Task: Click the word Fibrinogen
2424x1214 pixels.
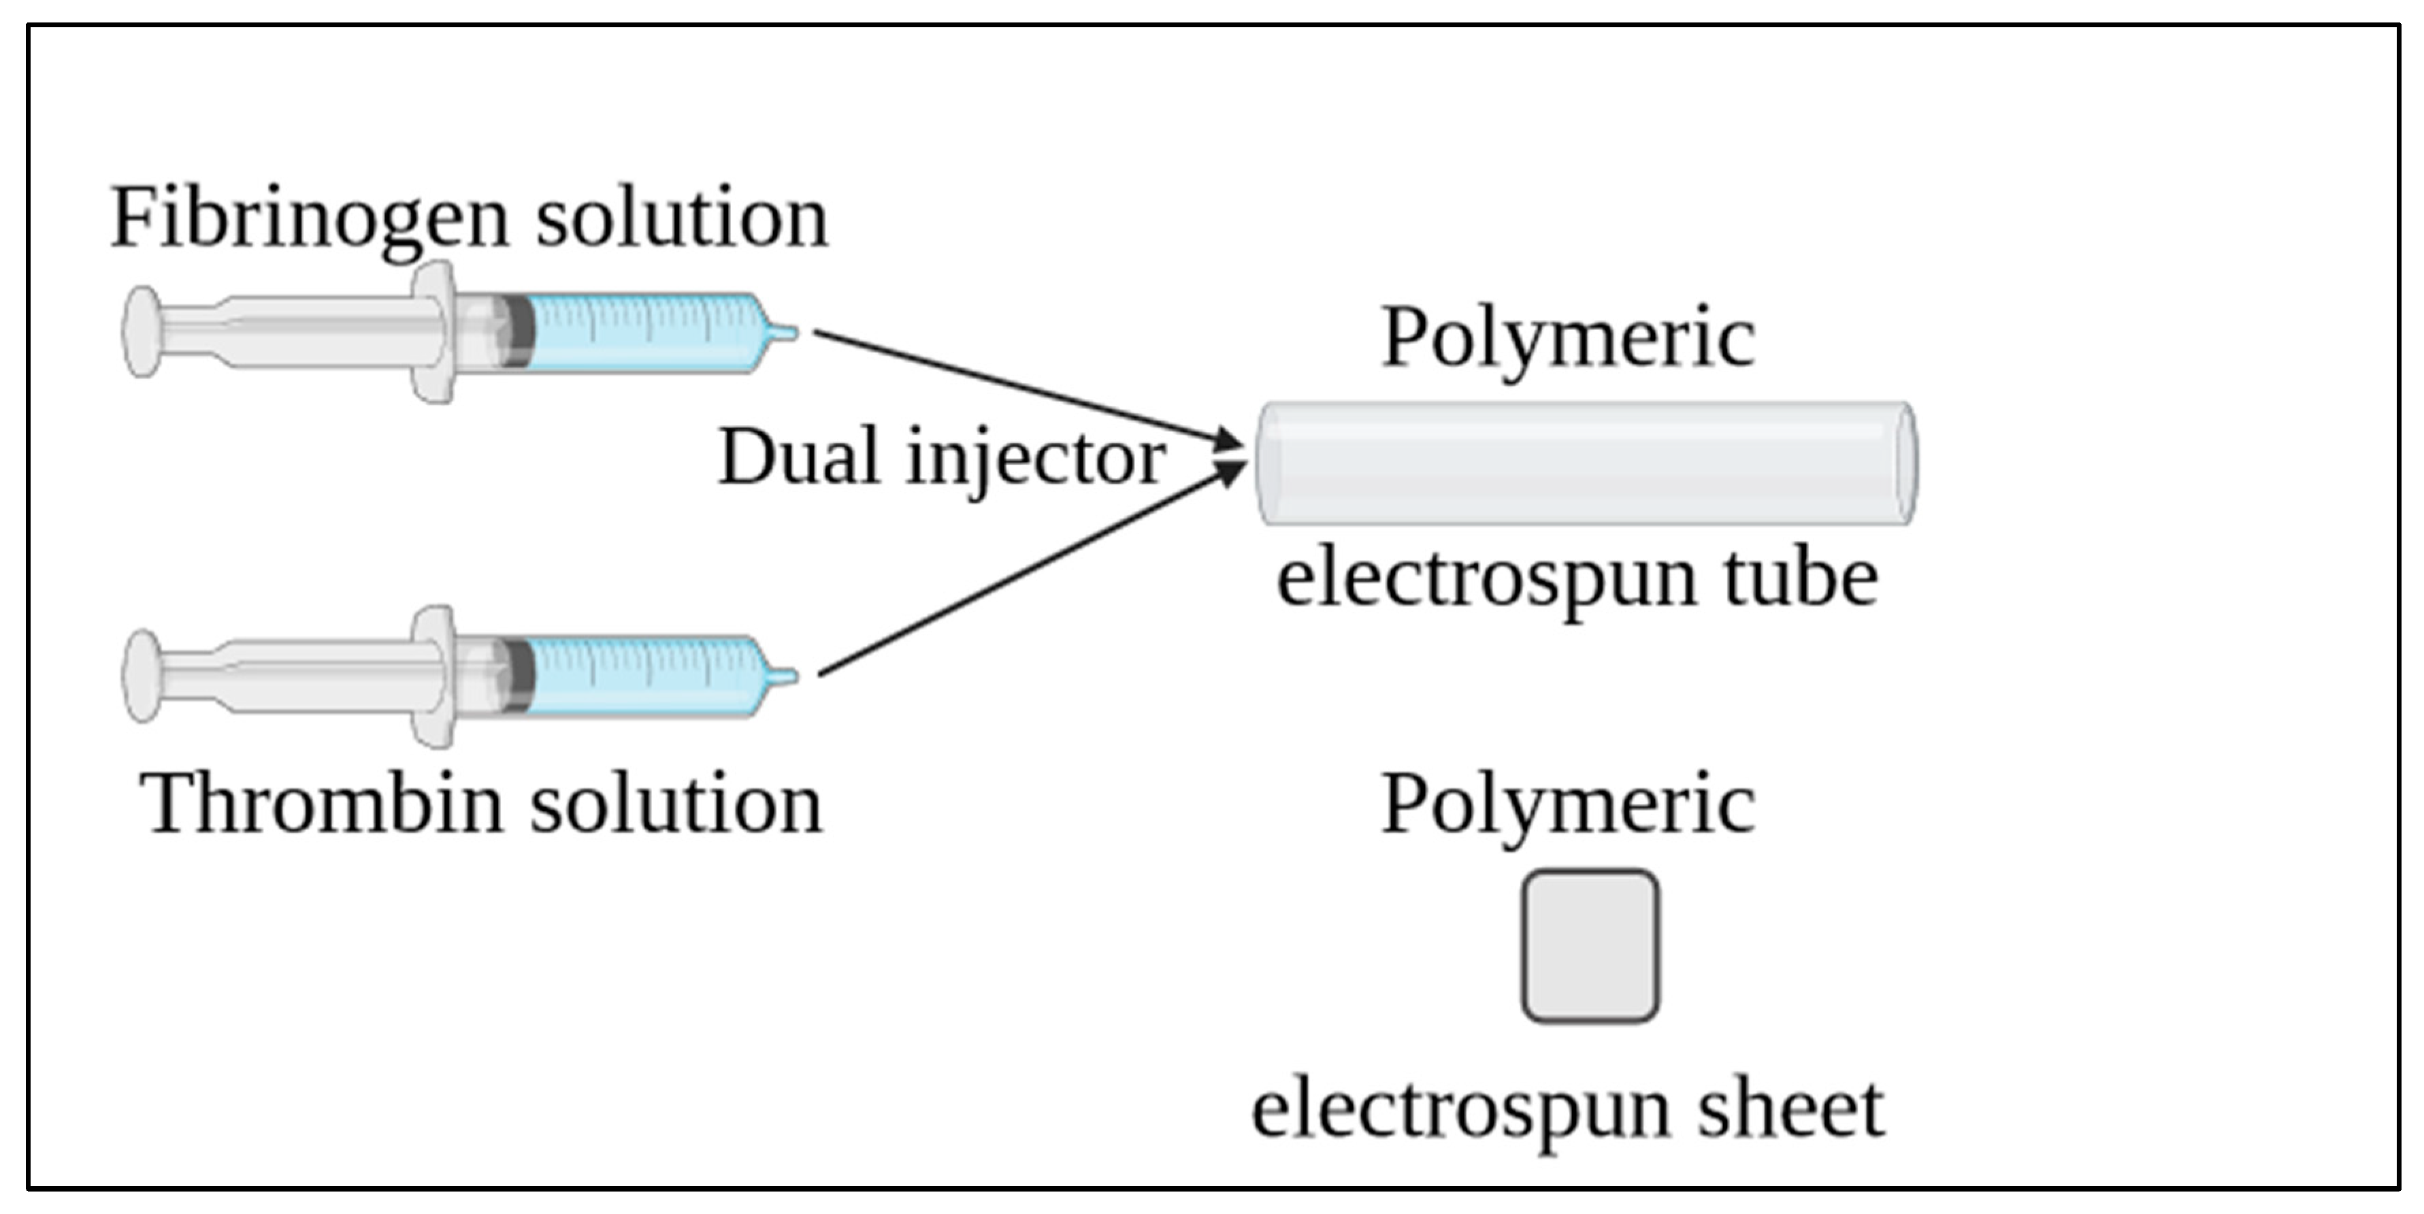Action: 310,218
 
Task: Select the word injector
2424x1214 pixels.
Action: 1035,459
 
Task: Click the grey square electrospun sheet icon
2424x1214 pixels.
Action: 1590,946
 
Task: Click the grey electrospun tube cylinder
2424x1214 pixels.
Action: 1581,463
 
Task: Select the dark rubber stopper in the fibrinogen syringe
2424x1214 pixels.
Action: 517,331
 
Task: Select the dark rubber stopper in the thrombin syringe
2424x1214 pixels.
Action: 517,676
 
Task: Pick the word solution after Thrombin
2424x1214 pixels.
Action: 676,804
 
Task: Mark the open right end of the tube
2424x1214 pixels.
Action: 1905,463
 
